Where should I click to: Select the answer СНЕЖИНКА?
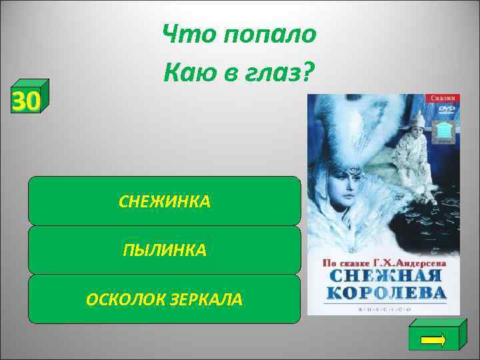164,201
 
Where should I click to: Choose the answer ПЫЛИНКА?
164,251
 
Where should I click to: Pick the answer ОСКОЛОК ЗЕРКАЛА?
164,300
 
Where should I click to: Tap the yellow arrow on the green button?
434,339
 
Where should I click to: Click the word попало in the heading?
267,34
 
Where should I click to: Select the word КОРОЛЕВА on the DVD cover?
383,294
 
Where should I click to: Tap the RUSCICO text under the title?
383,309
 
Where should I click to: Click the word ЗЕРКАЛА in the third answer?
210,300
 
